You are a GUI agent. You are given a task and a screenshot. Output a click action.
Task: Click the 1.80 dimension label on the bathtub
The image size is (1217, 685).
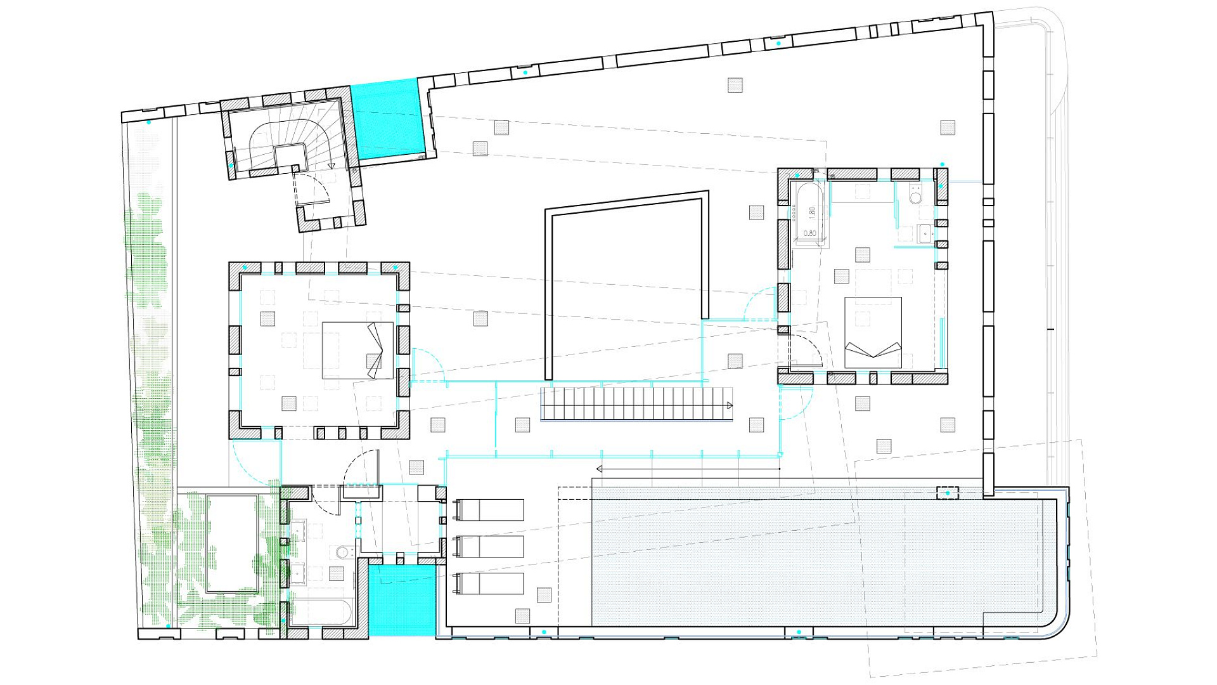812,213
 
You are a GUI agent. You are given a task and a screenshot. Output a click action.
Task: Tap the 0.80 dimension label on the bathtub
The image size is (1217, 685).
810,233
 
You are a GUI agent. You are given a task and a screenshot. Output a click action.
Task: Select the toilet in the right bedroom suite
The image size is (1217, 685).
915,195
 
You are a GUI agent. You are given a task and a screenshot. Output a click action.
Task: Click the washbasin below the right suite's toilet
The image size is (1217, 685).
925,233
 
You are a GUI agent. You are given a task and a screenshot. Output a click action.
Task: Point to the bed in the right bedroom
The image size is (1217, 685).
873,332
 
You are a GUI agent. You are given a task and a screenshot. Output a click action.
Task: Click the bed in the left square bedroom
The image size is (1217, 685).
357,351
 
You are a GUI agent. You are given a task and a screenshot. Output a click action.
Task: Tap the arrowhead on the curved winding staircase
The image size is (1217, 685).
332,166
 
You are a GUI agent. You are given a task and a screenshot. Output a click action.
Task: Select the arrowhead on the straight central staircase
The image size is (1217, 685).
730,405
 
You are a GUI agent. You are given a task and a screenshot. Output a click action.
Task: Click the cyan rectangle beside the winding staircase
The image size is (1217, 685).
387,120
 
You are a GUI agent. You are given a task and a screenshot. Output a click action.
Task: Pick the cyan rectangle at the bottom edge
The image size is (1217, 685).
402,600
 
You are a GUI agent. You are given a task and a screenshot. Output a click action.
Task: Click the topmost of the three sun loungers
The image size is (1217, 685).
489,510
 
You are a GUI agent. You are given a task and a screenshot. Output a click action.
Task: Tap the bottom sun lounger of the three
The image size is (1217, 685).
489,584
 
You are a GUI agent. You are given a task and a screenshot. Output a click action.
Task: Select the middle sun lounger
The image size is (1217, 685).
489,547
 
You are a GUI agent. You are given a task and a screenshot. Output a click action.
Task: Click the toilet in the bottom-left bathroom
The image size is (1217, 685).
343,552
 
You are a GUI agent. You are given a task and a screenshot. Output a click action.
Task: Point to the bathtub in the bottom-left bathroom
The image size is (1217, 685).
321,612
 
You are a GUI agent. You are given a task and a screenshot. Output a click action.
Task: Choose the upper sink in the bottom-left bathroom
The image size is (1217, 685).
298,529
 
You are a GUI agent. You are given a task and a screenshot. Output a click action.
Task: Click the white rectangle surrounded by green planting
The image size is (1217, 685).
233,544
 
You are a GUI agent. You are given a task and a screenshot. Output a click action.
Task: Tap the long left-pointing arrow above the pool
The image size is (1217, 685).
688,469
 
